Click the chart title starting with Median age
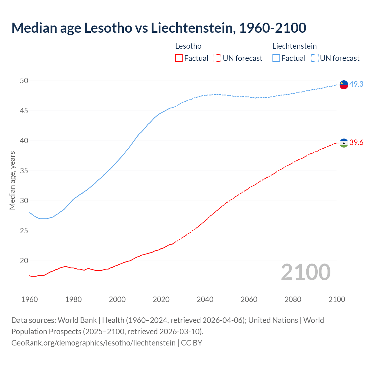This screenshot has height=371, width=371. [x=159, y=28]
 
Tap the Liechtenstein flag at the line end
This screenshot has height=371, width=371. [x=344, y=85]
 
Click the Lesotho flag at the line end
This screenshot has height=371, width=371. [x=344, y=143]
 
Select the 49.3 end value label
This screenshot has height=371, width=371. [x=356, y=84]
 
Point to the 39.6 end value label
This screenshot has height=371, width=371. [x=356, y=142]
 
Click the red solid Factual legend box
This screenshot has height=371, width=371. [x=179, y=58]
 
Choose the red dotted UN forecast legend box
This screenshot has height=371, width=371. [x=217, y=58]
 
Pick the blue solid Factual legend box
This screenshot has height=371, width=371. [x=276, y=58]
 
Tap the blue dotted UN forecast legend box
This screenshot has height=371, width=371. [x=314, y=58]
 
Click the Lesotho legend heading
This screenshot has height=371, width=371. [x=188, y=46]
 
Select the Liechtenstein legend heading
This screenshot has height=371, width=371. [x=294, y=46]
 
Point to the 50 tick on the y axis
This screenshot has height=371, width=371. [x=24, y=81]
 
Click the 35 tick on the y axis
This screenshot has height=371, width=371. [x=24, y=171]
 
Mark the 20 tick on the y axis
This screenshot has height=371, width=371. [x=24, y=261]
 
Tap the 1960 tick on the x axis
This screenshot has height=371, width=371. [x=30, y=299]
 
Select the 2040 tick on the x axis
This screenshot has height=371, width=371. [x=205, y=299]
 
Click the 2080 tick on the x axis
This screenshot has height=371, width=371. [x=293, y=299]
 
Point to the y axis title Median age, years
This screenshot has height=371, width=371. [x=12, y=180]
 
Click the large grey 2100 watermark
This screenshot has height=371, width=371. [x=305, y=272]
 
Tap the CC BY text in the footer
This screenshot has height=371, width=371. [x=192, y=343]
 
